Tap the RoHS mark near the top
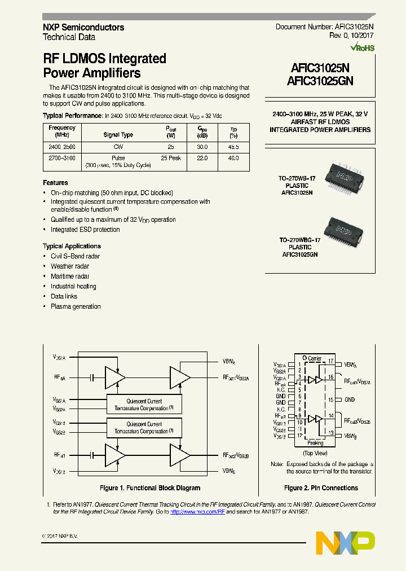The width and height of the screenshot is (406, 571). [x=361, y=48]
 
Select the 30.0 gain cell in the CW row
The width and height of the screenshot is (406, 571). [x=201, y=147]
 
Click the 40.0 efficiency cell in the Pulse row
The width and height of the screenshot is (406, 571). [x=233, y=159]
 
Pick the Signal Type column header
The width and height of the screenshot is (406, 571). [x=118, y=135]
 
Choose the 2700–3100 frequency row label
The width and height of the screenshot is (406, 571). [x=62, y=159]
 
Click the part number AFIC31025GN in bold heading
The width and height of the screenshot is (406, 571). [x=320, y=81]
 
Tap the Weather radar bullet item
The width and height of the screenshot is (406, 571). [x=70, y=266]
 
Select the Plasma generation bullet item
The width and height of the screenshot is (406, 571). [x=76, y=306]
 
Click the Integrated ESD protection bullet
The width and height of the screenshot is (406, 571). [x=85, y=230]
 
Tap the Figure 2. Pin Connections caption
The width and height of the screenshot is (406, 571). [x=321, y=488]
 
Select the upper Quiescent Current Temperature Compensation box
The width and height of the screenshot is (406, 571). [x=144, y=405]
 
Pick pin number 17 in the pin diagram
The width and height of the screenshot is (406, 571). [x=331, y=361]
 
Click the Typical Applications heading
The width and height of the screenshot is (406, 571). [x=72, y=246]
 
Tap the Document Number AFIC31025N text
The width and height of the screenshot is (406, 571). [x=324, y=27]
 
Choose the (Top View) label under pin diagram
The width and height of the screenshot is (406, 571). [x=315, y=453]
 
